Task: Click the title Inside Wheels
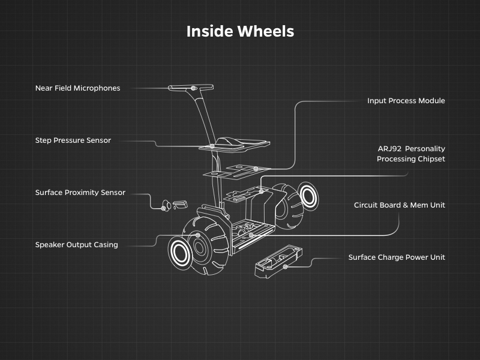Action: [240, 31]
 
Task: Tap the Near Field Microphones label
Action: [77, 88]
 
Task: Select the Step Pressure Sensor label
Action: [73, 140]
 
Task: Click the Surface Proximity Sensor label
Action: [80, 193]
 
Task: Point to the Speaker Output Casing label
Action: [76, 245]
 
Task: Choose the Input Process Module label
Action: [406, 101]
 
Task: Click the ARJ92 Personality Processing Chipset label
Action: [411, 154]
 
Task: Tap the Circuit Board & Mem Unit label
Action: [399, 205]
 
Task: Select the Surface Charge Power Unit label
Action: [397, 257]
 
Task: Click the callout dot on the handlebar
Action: [193, 88]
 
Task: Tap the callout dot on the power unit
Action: [286, 266]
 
